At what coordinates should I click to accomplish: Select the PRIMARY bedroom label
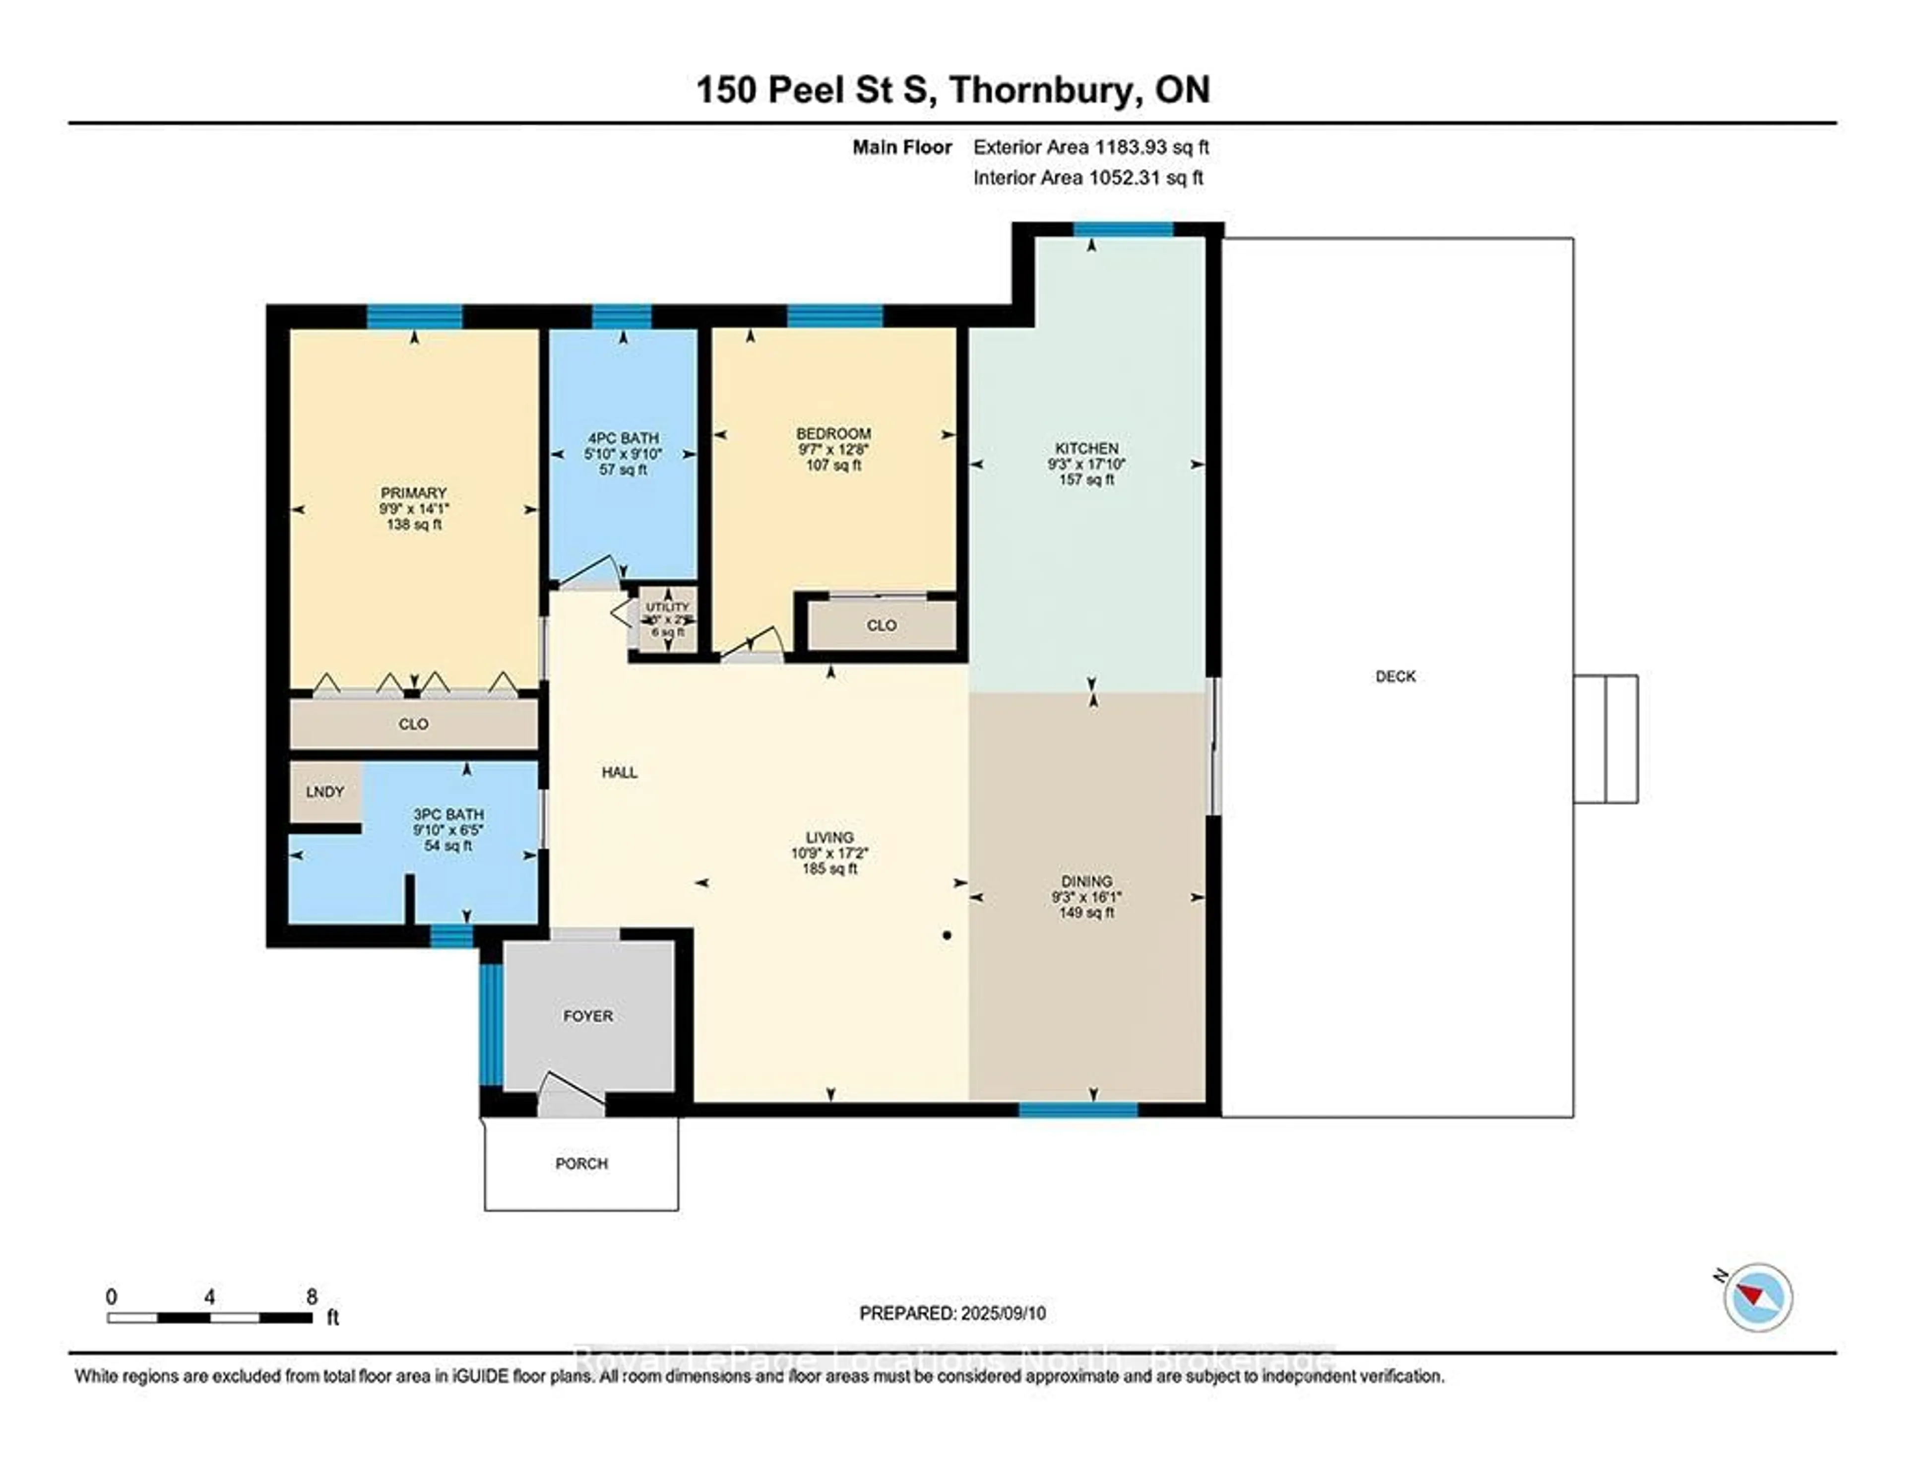tap(413, 493)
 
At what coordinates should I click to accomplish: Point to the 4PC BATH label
tap(623, 438)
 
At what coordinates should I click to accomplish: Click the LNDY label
tap(324, 792)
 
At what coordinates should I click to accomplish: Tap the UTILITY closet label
tap(667, 606)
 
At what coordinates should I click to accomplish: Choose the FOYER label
tap(588, 1015)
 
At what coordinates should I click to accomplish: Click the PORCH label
tap(582, 1163)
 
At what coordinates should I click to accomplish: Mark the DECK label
tap(1396, 676)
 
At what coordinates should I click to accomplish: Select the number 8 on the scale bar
tap(312, 1297)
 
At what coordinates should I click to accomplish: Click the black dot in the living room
tap(947, 936)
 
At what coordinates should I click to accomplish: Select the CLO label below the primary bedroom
tap(413, 724)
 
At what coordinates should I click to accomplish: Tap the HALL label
tap(619, 772)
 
